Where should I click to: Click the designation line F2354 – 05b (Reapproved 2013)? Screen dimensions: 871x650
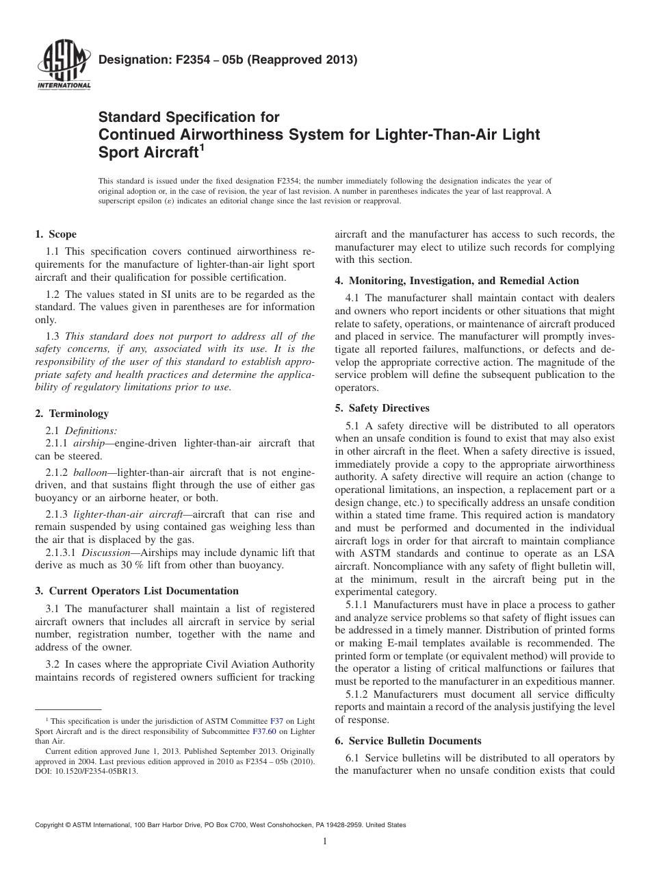(228, 60)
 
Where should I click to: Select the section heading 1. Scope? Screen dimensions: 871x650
(55, 234)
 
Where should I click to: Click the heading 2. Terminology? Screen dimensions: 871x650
(72, 414)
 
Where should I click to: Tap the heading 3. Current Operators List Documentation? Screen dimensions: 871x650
(137, 591)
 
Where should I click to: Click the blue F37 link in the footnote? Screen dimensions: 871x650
(277, 721)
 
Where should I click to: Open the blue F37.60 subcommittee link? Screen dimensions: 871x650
(263, 731)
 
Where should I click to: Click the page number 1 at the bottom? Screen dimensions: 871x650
(325, 842)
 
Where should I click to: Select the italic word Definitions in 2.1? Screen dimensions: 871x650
(91, 431)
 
